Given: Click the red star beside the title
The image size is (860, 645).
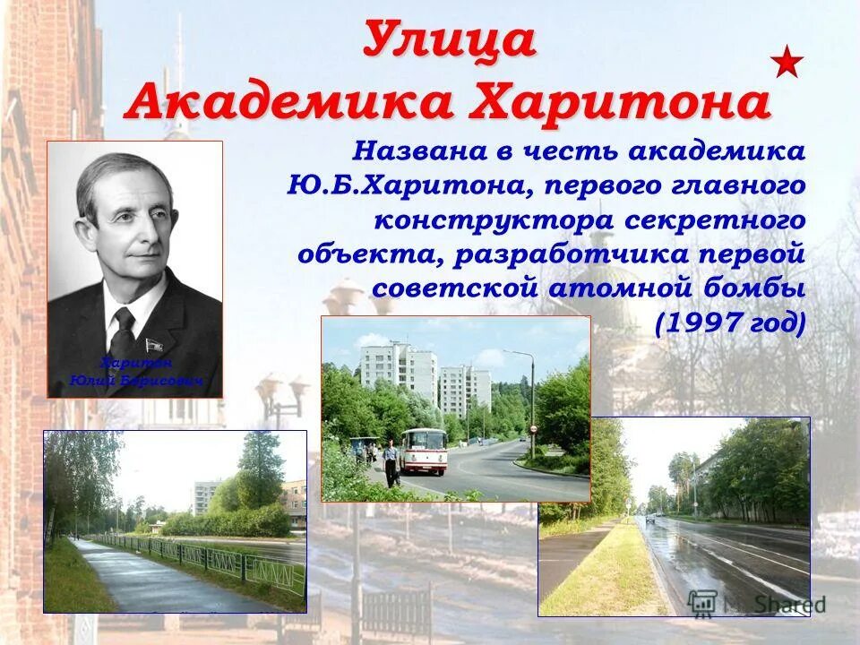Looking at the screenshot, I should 787,62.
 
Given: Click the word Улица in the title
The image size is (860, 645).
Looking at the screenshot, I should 451,40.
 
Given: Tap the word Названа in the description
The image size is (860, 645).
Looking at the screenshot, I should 418,150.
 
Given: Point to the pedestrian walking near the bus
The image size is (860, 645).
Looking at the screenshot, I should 391,462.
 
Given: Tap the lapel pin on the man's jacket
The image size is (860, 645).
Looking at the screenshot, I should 153,344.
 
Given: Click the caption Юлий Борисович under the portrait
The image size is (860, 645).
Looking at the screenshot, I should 135,382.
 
